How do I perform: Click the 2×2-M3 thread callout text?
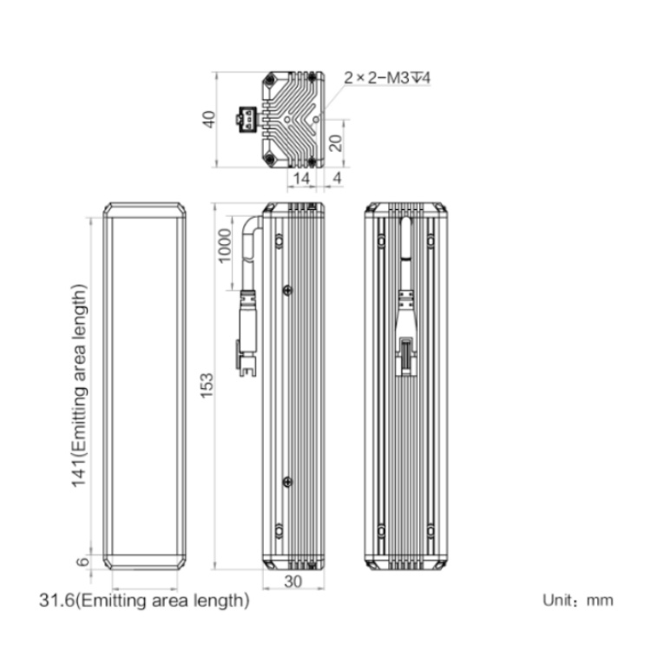coord(387,77)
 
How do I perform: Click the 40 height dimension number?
coord(209,119)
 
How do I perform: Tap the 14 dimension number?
coord(301,179)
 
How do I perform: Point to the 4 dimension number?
coord(337,178)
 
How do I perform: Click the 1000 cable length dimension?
coord(225,246)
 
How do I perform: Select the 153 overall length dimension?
coord(207,385)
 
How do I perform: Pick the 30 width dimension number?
coord(293,582)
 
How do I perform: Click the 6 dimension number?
coord(82,562)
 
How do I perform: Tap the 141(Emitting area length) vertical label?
coord(79,385)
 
